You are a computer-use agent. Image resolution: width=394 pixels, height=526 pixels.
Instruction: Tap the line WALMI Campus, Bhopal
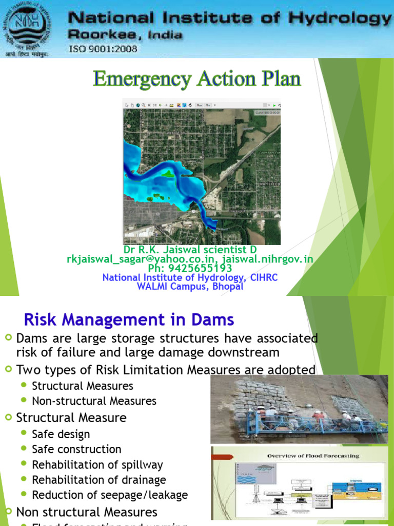(x=190, y=287)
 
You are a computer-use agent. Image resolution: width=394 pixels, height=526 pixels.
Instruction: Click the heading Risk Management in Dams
(x=129, y=320)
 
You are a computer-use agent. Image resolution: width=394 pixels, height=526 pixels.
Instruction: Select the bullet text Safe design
(x=61, y=434)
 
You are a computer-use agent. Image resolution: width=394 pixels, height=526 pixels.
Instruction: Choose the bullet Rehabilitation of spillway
(x=97, y=465)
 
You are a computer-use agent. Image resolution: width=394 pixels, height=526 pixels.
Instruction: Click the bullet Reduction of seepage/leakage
(x=109, y=495)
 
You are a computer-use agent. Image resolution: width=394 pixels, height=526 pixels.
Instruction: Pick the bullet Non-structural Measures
(x=94, y=401)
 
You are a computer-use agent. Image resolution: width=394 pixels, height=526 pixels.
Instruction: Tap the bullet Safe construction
(x=76, y=449)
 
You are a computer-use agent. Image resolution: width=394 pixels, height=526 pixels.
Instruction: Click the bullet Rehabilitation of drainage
(x=98, y=480)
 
